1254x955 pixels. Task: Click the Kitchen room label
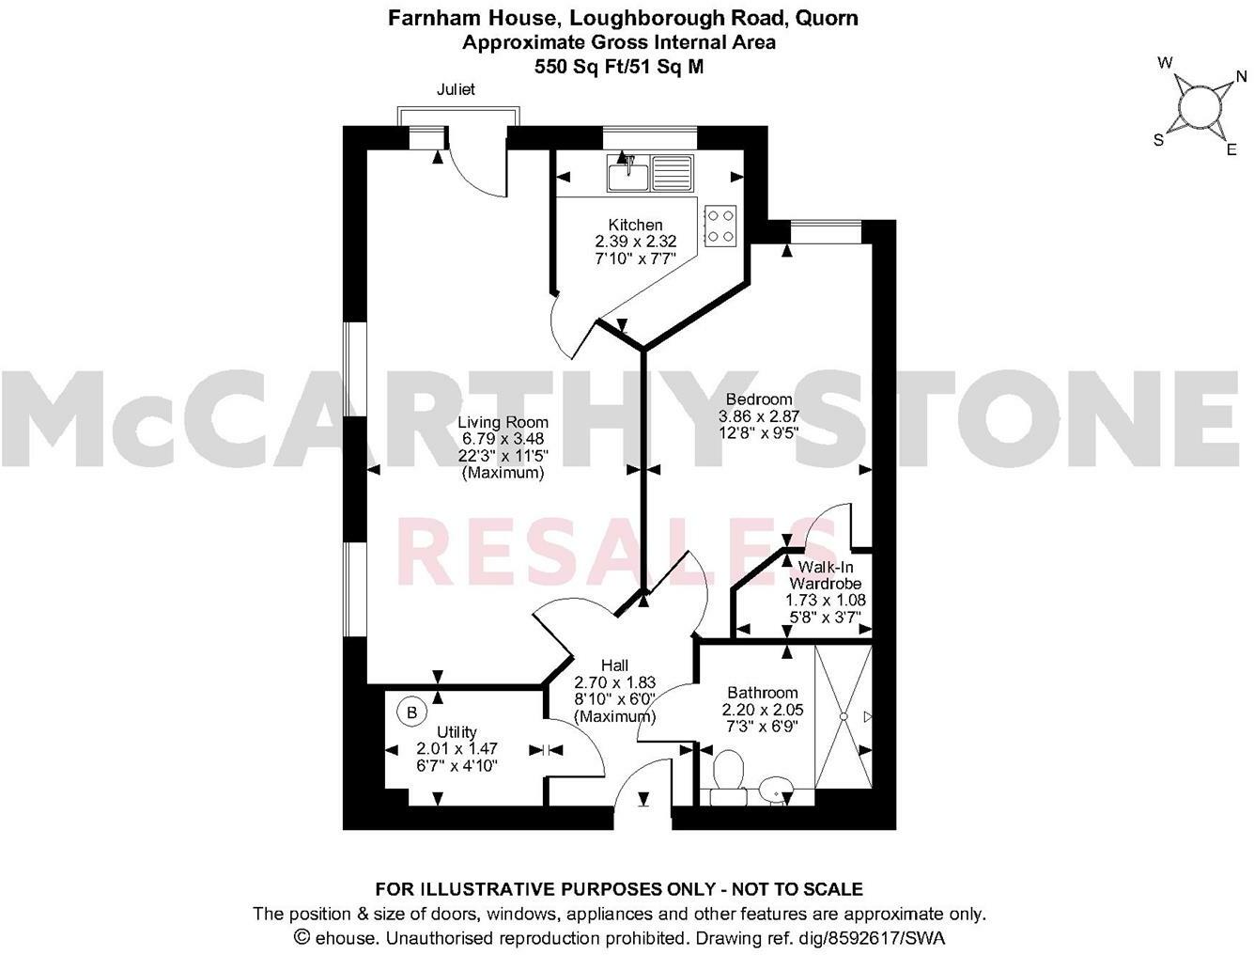tap(636, 225)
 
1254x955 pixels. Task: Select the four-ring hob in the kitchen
tap(720, 226)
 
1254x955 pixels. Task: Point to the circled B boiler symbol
tap(410, 712)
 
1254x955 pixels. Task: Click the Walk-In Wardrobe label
tap(826, 575)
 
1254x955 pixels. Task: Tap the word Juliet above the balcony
tap(456, 90)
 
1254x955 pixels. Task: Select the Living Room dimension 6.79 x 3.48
tap(503, 439)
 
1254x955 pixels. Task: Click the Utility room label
tap(457, 732)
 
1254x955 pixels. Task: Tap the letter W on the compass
tap(1165, 64)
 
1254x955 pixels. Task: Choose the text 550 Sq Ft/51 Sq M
tap(619, 67)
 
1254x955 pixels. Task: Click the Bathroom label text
tap(760, 693)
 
